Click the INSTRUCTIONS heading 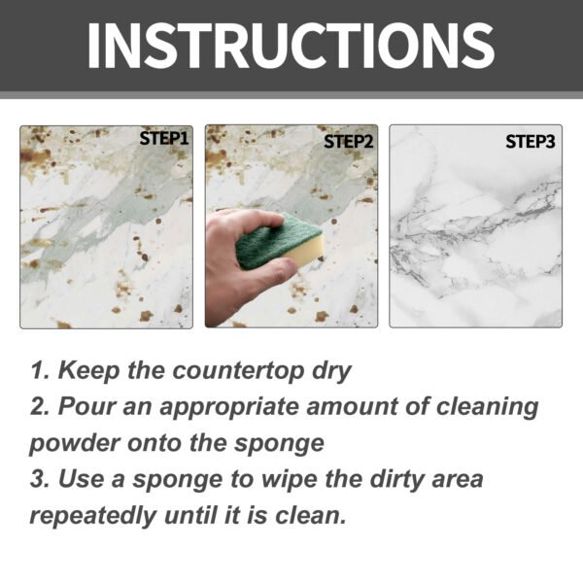coord(291,45)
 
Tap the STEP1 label coord(163,139)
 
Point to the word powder coord(76,442)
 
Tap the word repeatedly coord(96,514)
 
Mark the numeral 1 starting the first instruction coord(36,371)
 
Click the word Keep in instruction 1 coord(87,371)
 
